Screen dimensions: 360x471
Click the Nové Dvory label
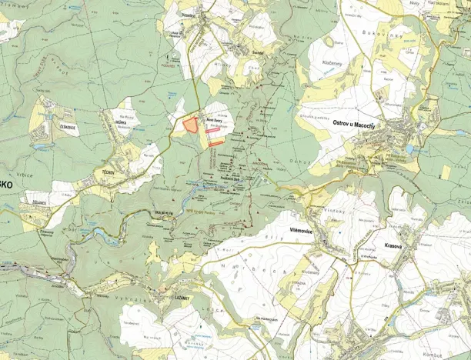coord(214,119)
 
